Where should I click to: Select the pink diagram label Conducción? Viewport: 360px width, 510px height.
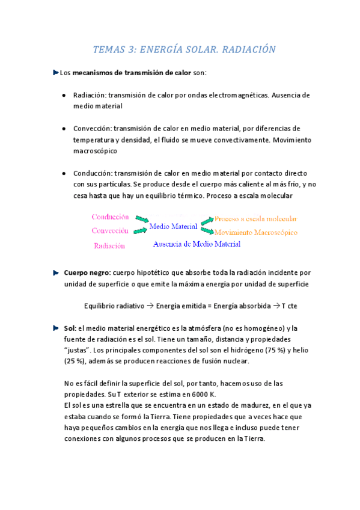[110, 217]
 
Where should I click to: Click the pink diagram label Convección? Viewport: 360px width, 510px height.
[110, 231]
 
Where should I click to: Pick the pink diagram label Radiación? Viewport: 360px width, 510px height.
[109, 245]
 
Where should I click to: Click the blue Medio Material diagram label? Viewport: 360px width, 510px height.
[174, 227]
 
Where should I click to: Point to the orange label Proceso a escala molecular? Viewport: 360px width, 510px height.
[255, 219]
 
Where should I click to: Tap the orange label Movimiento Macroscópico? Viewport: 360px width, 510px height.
[256, 232]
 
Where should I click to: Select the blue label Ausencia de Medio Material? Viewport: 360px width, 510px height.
[197, 244]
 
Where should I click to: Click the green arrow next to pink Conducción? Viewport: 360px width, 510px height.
[141, 219]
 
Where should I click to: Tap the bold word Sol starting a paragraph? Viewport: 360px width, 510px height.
[69, 328]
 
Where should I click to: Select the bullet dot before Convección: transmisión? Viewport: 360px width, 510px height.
[64, 129]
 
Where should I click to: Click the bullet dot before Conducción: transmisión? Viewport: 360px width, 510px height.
[64, 173]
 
